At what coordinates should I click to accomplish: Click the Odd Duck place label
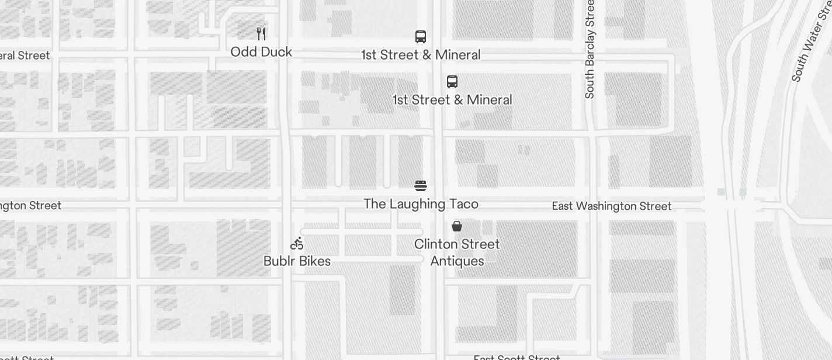[x=261, y=52]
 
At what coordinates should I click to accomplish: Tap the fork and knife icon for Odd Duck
[x=261, y=34]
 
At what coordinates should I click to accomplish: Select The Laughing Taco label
[x=421, y=204]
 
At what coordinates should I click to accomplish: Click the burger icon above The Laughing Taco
[x=421, y=186]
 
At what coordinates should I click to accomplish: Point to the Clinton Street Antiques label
[x=457, y=252]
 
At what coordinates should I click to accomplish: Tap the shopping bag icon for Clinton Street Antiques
[x=457, y=226]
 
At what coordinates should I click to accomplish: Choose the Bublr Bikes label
[x=297, y=261]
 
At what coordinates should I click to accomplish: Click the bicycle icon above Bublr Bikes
[x=297, y=243]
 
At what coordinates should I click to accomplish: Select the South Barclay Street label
[x=590, y=49]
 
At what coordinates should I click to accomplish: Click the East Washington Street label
[x=612, y=206]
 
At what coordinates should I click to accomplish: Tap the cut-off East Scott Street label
[x=516, y=357]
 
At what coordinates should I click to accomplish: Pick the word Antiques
[x=457, y=261]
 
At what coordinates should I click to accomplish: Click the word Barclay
[x=590, y=47]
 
